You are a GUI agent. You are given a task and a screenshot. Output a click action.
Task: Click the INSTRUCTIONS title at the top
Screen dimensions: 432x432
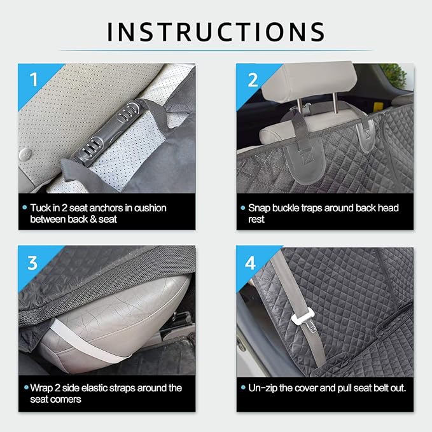[x=216, y=31]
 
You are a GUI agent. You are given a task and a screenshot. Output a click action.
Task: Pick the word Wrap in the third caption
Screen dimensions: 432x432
[x=42, y=387]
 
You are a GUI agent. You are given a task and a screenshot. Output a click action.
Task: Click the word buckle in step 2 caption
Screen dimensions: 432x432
[x=289, y=208]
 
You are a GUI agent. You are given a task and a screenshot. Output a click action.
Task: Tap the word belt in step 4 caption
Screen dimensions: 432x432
[x=375, y=387]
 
